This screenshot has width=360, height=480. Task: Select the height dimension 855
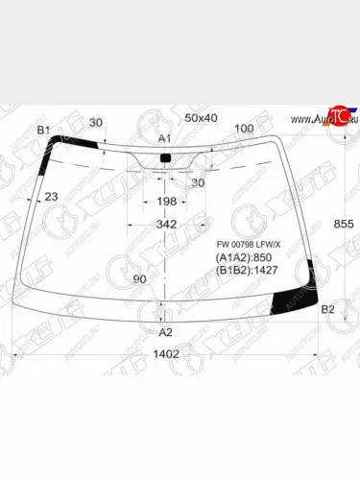click(343, 224)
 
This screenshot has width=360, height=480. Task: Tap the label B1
click(43, 130)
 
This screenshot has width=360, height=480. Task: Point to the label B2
click(327, 309)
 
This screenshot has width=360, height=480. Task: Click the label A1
click(164, 139)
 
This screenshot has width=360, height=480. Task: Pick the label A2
click(165, 332)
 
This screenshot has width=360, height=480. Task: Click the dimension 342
click(166, 225)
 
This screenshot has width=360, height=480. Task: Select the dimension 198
click(165, 202)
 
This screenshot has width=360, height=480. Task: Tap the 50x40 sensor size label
click(201, 117)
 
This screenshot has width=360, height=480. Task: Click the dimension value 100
click(244, 129)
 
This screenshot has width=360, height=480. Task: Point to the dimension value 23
click(52, 197)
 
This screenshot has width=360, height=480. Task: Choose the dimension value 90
click(139, 279)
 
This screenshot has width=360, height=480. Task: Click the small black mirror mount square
click(164, 156)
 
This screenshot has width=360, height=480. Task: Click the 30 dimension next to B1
click(96, 123)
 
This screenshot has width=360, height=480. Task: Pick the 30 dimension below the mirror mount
click(198, 183)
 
